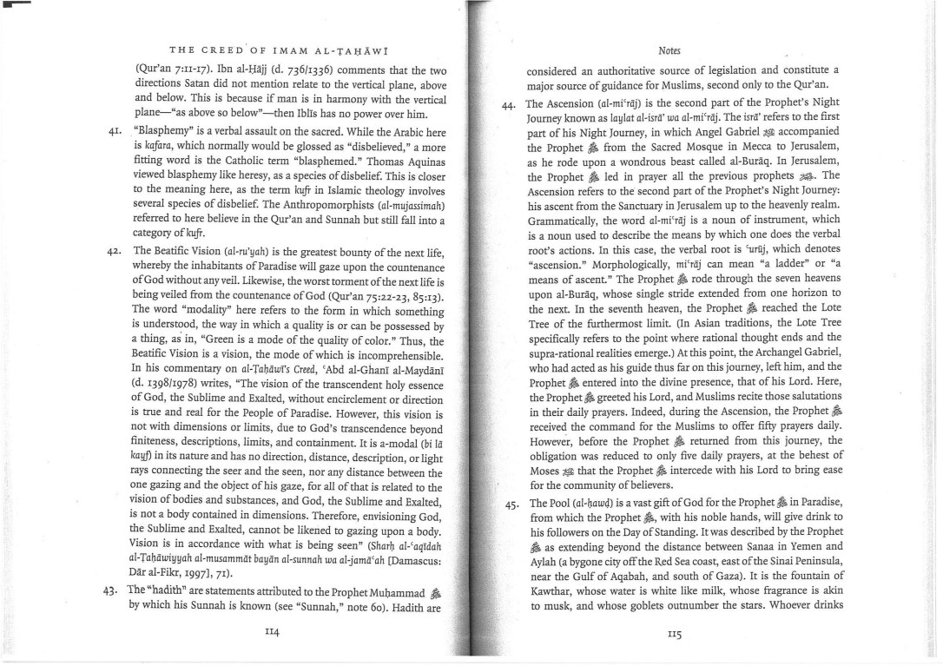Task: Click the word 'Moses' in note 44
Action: click(546, 459)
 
